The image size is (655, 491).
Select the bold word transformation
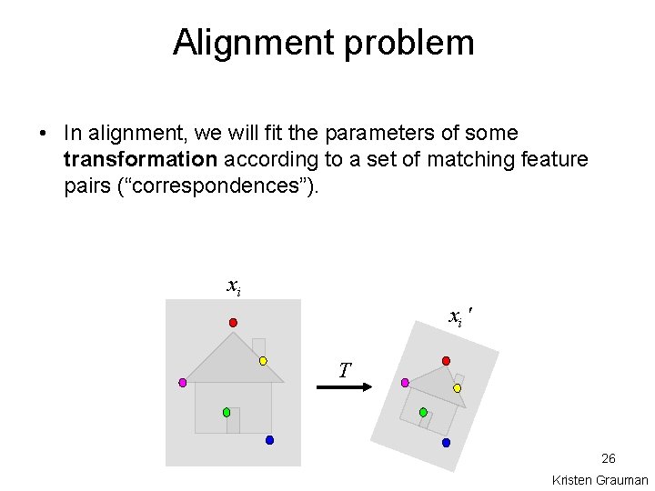[140, 160]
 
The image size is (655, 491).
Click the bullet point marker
[43, 134]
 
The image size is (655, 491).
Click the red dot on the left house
[233, 323]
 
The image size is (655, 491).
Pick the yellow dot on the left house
[263, 361]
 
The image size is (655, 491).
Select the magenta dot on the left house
[182, 383]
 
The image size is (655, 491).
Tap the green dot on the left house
[227, 412]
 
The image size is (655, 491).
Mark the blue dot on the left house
[269, 440]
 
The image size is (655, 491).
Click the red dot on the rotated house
[446, 361]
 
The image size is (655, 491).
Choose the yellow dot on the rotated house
[458, 388]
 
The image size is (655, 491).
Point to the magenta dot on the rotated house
[405, 383]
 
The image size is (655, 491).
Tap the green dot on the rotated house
[423, 413]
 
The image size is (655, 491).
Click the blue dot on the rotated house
[446, 443]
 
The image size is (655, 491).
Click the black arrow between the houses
[345, 388]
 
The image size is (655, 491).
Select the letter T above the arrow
[344, 370]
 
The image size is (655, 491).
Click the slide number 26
[609, 458]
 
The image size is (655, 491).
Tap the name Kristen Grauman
[600, 480]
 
